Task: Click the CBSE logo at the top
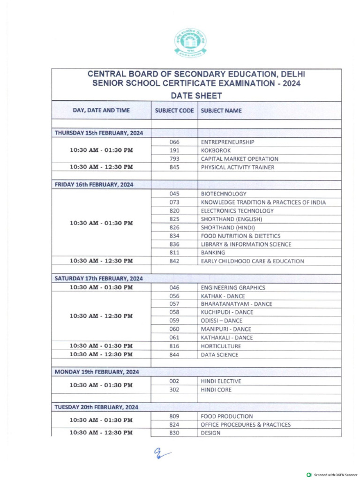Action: pos(190,43)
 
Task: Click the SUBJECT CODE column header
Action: pos(174,111)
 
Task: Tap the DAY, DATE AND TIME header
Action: pos(101,111)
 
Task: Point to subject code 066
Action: pos(174,142)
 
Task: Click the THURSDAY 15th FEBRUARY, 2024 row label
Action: pos(99,133)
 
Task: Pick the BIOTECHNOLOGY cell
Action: pos(224,194)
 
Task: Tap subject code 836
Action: pos(174,244)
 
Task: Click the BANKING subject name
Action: pos(213,253)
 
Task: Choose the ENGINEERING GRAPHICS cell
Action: pos(233,287)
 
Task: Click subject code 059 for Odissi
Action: pos(174,321)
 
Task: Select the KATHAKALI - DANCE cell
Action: pos(227,337)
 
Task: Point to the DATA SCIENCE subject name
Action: pos(219,355)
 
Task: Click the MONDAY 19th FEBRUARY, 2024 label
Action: pos(97,372)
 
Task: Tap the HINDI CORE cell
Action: pos(216,390)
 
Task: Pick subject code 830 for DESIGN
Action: pos(174,433)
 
